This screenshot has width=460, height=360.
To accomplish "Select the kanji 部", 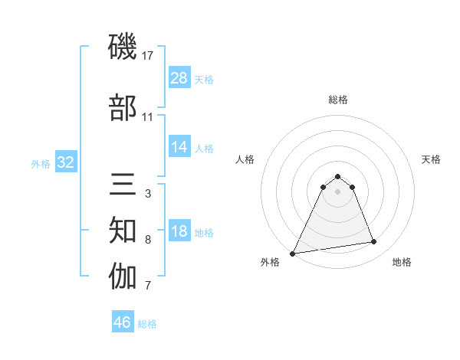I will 123,107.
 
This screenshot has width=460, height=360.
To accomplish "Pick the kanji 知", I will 123,230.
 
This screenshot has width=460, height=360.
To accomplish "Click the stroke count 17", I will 149,56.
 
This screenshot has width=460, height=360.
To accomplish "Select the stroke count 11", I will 148,117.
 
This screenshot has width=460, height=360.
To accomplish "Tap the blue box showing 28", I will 179,78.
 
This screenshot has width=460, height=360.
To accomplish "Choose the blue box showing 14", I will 179,147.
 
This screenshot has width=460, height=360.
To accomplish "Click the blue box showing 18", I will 179,232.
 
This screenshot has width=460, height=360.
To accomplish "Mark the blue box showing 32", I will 65,162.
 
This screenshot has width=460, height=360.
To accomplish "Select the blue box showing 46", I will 123,322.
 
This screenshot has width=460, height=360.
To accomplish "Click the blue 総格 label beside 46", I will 147,324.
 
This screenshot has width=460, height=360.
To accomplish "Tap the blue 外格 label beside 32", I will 41,163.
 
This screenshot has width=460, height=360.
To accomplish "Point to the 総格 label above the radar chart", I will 337,100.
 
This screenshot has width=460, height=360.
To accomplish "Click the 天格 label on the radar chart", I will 431,159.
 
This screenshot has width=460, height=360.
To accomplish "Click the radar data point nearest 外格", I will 293,253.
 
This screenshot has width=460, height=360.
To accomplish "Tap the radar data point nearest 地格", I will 373,242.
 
